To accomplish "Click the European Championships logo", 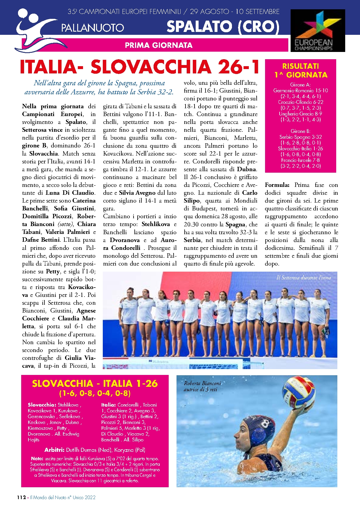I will (x=318, y=31).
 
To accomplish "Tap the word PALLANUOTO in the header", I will (x=93, y=28).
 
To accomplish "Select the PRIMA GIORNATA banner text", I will (x=159, y=45).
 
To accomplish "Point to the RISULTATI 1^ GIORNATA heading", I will (x=300, y=71).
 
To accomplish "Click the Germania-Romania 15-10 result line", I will (x=300, y=91).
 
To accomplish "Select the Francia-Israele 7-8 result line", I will (x=300, y=160).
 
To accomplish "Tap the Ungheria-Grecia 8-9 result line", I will (x=300, y=114).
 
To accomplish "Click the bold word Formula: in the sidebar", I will (x=277, y=185).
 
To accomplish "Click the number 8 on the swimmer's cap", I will (x=265, y=424).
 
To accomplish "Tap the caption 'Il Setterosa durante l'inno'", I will (x=303, y=278).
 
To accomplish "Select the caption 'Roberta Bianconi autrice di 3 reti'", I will (x=202, y=386).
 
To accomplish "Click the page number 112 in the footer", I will (x=21, y=497).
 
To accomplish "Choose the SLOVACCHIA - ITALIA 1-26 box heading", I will (x=95, y=384).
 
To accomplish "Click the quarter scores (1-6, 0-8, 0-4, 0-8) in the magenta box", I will (x=95, y=394).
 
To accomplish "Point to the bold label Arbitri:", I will (x=54, y=450).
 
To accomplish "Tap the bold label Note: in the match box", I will (x=37, y=459).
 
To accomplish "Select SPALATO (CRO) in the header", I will (x=223, y=27).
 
